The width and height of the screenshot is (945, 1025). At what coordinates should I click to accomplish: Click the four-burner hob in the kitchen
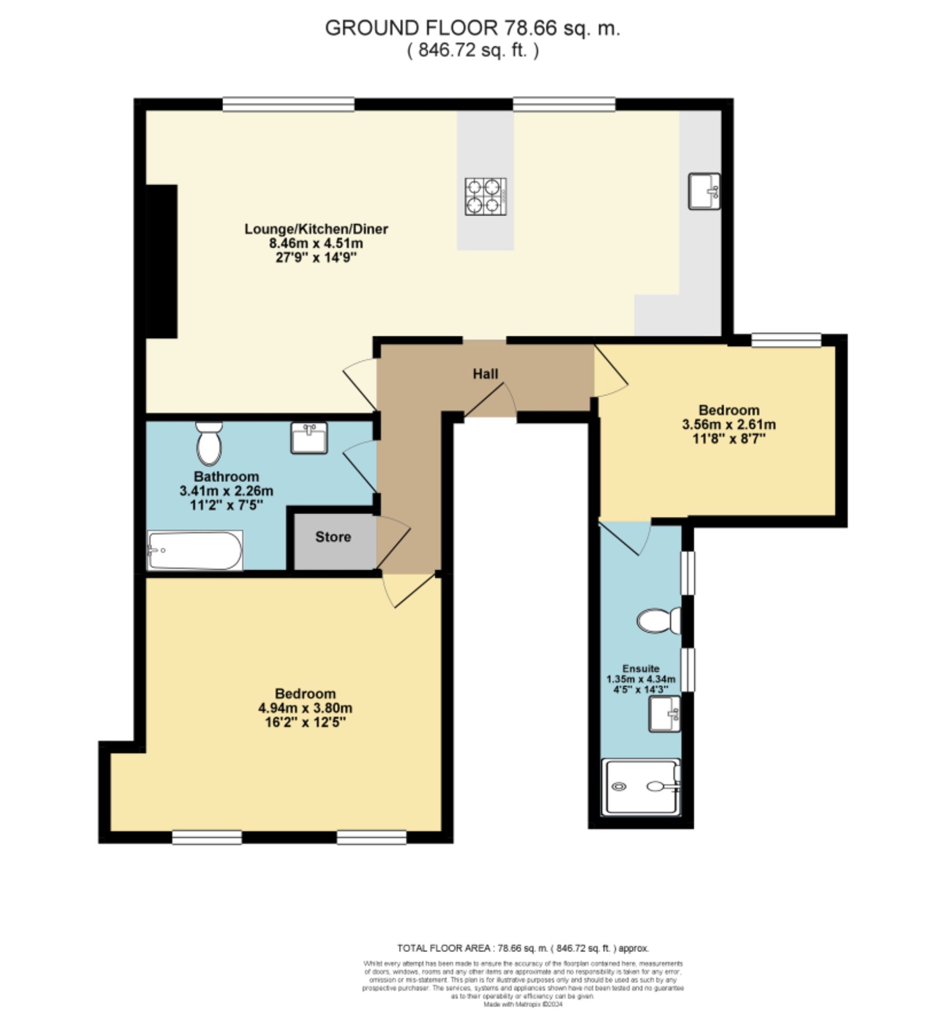(x=485, y=196)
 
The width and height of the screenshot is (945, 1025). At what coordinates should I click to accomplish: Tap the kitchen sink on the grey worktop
(x=704, y=191)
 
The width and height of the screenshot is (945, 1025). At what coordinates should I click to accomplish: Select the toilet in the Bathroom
(x=209, y=443)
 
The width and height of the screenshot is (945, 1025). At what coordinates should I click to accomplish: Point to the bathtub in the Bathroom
(x=195, y=550)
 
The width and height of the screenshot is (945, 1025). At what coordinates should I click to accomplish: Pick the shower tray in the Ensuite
(x=641, y=787)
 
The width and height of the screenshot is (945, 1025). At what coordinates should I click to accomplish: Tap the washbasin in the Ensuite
(x=665, y=714)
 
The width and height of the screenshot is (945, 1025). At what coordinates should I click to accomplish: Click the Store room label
(x=333, y=537)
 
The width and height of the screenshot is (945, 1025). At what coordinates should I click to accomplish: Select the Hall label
(x=485, y=374)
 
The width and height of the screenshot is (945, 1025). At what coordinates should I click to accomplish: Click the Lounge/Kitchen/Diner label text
(x=316, y=229)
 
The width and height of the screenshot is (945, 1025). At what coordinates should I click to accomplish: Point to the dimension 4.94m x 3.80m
(x=305, y=708)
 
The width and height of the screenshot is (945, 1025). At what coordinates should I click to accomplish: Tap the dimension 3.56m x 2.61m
(x=729, y=424)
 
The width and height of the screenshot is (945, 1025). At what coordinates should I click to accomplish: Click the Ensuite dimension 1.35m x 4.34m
(x=641, y=679)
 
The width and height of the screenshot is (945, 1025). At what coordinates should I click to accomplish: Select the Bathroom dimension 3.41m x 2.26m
(x=226, y=491)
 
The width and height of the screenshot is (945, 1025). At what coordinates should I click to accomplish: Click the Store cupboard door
(x=393, y=543)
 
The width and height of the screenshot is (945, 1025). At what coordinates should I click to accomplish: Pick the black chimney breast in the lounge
(x=162, y=261)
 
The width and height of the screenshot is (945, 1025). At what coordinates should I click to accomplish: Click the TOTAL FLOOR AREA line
(x=523, y=948)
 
